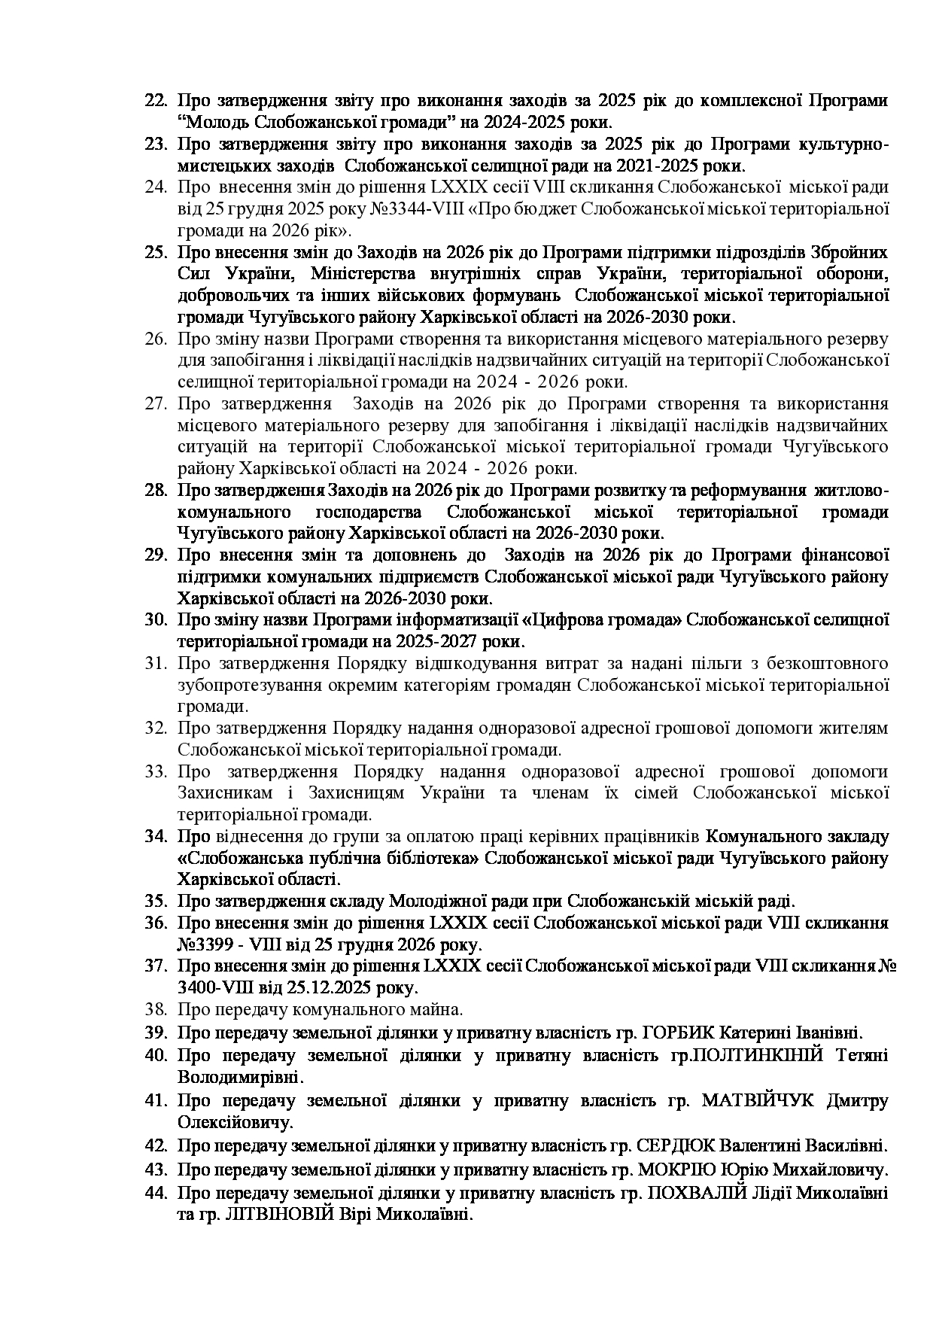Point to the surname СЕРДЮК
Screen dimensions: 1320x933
(676, 1146)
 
